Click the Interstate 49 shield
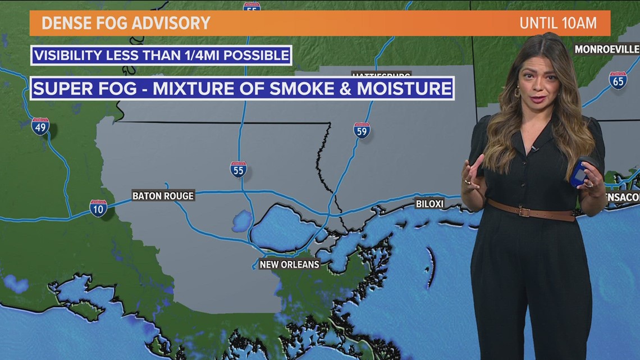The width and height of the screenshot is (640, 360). coord(40,126)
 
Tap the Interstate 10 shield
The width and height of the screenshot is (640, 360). coord(98,208)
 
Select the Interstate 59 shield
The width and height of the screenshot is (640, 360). coord(362,130)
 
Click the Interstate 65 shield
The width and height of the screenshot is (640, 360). coord(618,80)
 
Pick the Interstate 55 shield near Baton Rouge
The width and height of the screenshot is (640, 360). coord(239,168)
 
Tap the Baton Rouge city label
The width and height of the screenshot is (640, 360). coord(163,196)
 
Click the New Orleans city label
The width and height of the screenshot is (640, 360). coord(289,264)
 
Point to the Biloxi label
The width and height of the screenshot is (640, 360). coord(429,203)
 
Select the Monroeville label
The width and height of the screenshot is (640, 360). coord(606,49)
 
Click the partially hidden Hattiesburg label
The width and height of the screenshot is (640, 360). coord(381,74)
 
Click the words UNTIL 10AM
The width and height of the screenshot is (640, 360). coord(557,23)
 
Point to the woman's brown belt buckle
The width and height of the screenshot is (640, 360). coord(524,212)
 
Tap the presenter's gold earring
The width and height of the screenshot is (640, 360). coord(516,92)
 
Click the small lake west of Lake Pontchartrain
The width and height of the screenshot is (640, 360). coord(242,221)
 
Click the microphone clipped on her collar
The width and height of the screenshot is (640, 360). coord(534,149)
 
